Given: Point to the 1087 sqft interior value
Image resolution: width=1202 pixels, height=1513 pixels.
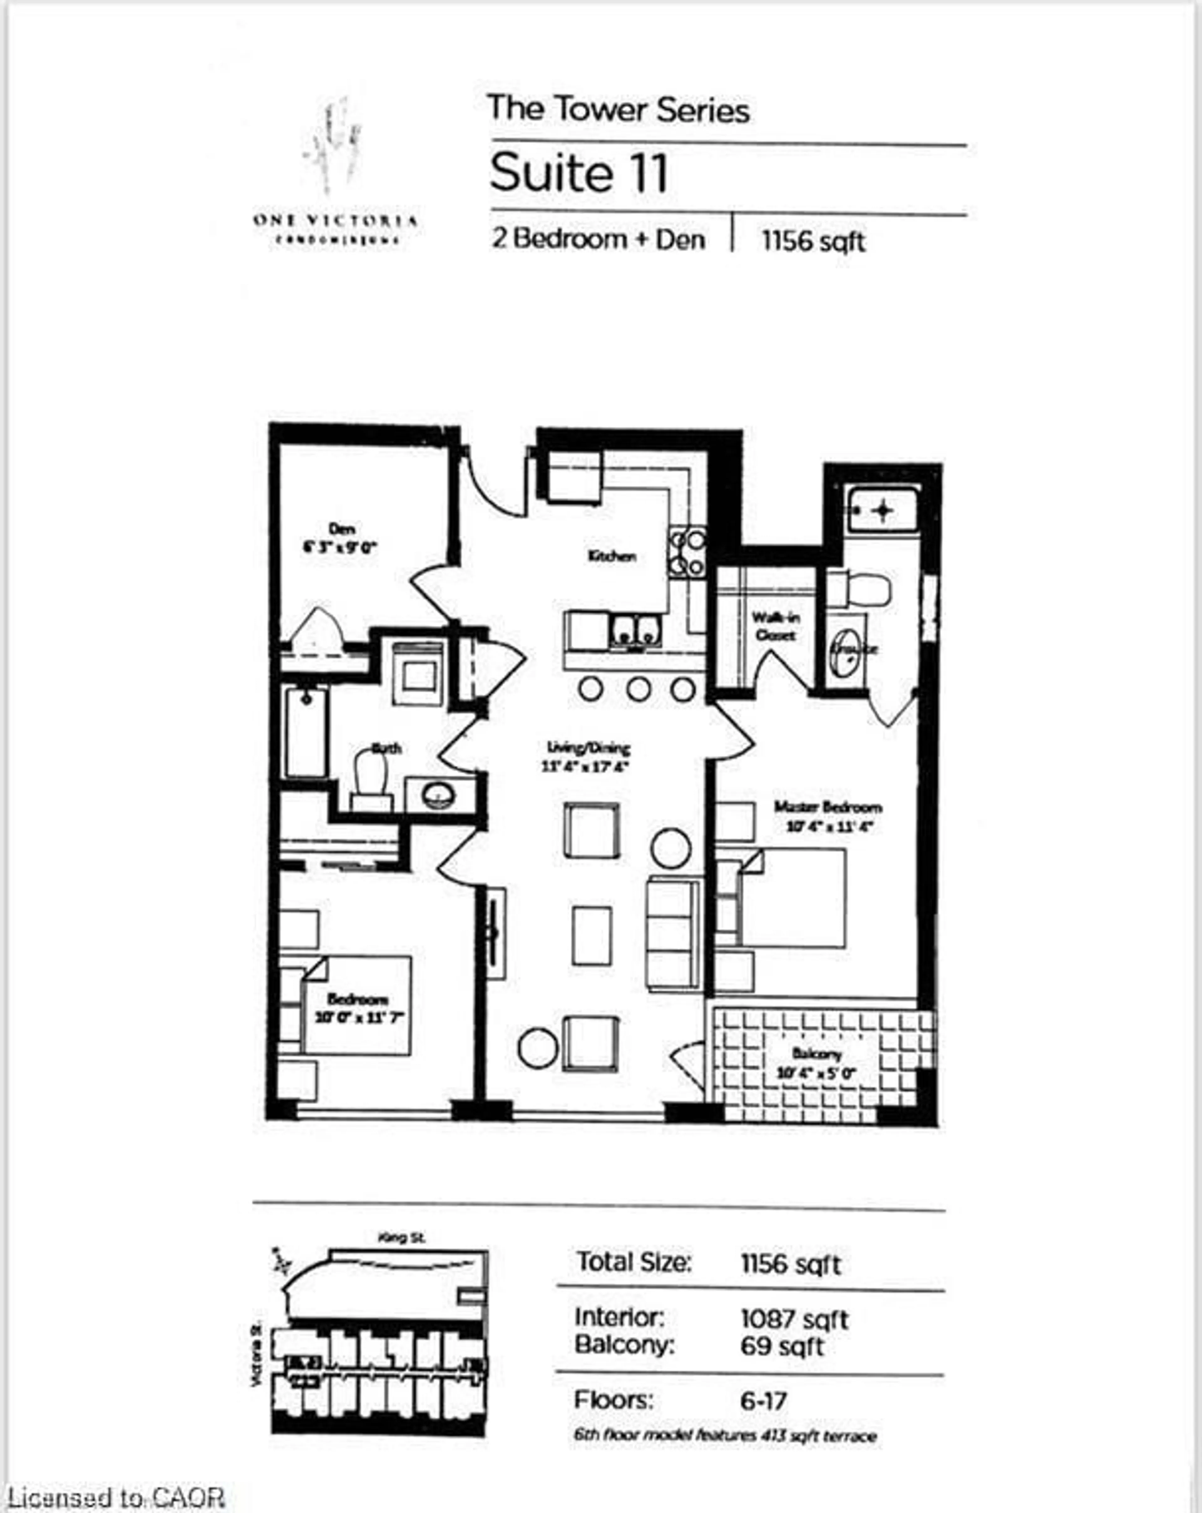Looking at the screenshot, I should click(x=794, y=1319).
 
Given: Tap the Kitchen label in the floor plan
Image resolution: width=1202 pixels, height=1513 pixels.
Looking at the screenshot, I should click(x=612, y=556).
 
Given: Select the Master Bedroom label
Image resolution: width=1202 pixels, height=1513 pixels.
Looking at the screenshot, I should click(x=828, y=807).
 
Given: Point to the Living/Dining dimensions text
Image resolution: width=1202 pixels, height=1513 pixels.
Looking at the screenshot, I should click(x=585, y=766).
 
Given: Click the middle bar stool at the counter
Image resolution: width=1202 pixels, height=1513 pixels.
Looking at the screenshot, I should click(x=638, y=688).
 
